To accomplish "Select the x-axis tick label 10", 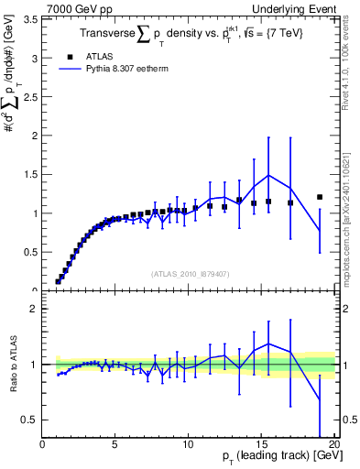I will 188,445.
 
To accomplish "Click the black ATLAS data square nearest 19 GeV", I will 320,197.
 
